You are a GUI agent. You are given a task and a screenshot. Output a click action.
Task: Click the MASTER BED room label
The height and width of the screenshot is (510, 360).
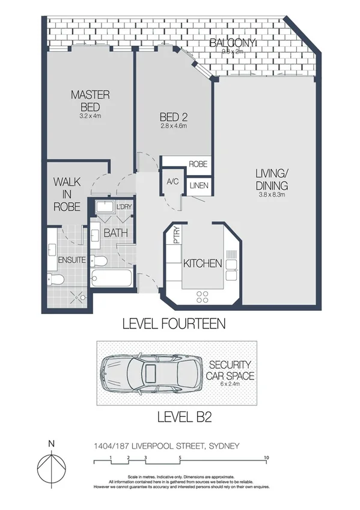coord(90,100)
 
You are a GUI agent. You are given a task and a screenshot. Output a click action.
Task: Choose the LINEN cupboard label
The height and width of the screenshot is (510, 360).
coord(198,186)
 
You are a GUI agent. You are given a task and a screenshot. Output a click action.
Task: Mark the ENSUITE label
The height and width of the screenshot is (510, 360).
coord(72,260)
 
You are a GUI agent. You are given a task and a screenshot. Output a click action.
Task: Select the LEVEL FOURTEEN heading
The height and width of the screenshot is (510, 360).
coord(173,324)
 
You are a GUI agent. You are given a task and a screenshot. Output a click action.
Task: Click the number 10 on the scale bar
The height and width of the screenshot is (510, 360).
coord(266,458)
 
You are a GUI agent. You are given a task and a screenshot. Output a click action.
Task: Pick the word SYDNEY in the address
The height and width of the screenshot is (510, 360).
coord(224,445)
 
